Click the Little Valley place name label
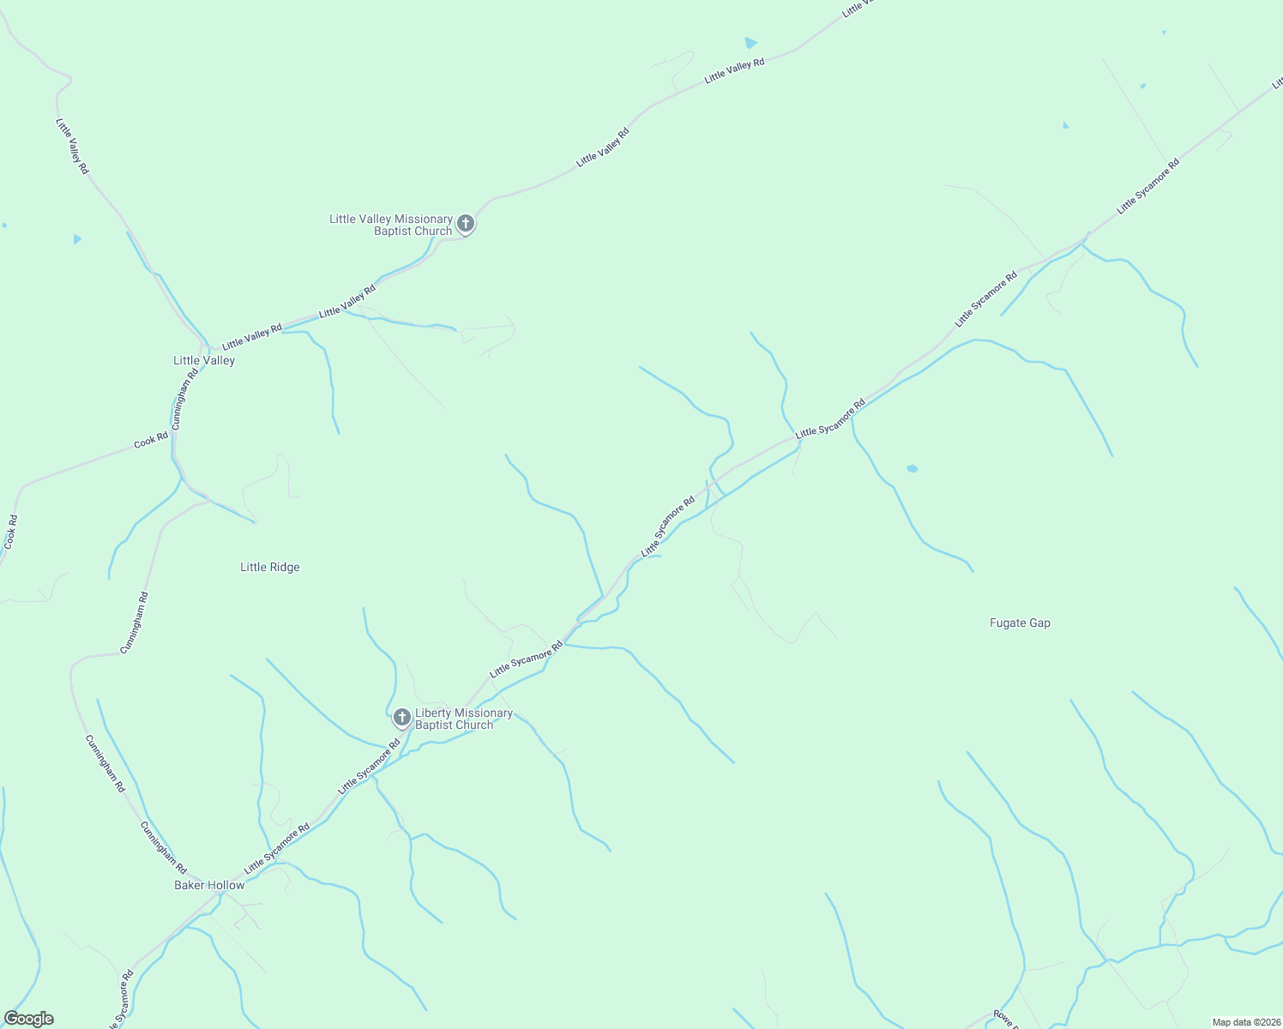pyautogui.click(x=204, y=360)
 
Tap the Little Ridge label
pyautogui.click(x=270, y=567)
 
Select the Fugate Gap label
pyautogui.click(x=1020, y=623)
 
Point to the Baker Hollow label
pyautogui.click(x=209, y=885)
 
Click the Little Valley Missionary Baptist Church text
pyautogui.click(x=391, y=225)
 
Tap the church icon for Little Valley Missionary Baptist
pyautogui.click(x=465, y=224)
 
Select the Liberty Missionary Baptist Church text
pyautogui.click(x=463, y=719)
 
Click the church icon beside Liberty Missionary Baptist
pyautogui.click(x=401, y=717)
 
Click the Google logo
pyautogui.click(x=28, y=1019)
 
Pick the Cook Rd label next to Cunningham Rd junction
pyautogui.click(x=151, y=441)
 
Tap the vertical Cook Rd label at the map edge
pyautogui.click(x=10, y=532)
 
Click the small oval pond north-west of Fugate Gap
pyautogui.click(x=912, y=468)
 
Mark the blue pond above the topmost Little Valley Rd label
pyautogui.click(x=750, y=42)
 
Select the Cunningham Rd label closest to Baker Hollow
pyautogui.click(x=163, y=847)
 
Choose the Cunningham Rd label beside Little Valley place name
pyautogui.click(x=184, y=399)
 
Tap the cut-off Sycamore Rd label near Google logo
pyautogui.click(x=122, y=999)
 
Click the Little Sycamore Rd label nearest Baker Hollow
pyautogui.click(x=276, y=849)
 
